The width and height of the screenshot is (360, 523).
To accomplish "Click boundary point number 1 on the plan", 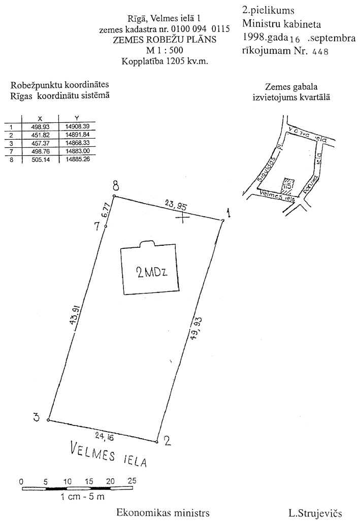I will [223, 220].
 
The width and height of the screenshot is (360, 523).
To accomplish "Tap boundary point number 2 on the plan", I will [156, 442].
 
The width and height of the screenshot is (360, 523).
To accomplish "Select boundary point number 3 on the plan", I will [48, 420].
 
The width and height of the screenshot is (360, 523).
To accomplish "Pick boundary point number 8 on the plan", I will [114, 197].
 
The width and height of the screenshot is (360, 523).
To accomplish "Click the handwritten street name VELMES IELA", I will [107, 453].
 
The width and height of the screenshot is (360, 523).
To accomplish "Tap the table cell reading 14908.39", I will [77, 125].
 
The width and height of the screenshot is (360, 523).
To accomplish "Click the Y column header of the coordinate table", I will [77, 118].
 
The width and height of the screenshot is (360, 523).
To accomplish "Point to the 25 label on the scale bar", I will [132, 480].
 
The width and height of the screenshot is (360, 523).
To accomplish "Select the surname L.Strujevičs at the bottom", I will [315, 513].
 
